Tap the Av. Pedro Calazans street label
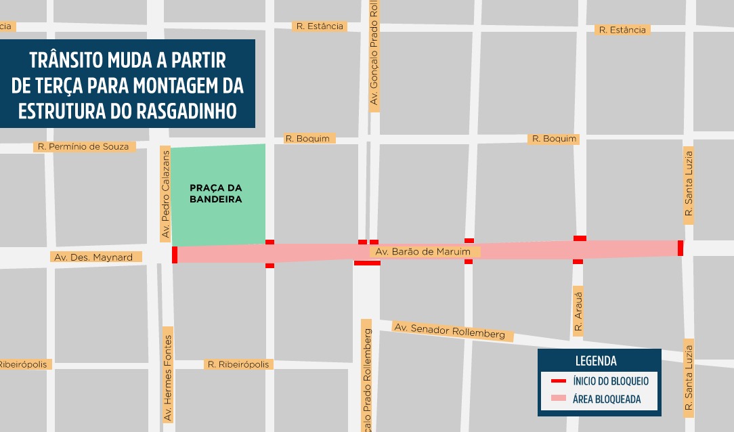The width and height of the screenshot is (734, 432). (165, 194)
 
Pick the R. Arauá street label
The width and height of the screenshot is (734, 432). (578, 311)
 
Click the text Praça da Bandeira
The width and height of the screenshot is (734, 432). (215, 194)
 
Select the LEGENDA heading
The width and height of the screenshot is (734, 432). (596, 361)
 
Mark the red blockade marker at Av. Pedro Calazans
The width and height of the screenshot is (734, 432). (175, 255)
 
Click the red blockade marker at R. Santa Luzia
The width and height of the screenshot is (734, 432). (680, 248)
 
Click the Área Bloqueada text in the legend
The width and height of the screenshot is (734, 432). (606, 399)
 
